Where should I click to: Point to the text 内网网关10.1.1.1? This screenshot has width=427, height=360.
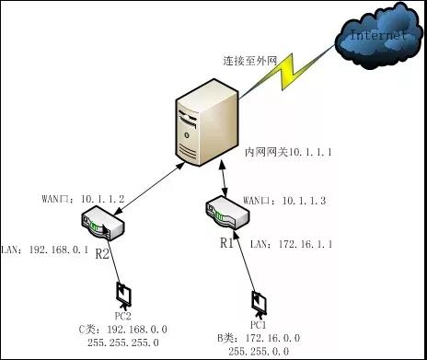[286, 149]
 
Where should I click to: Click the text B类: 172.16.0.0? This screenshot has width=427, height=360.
[257, 339]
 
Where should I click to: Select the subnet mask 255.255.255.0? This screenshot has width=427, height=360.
[125, 340]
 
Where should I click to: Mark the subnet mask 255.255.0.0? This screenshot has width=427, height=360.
[258, 351]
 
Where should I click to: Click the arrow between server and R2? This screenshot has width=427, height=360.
[146, 189]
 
